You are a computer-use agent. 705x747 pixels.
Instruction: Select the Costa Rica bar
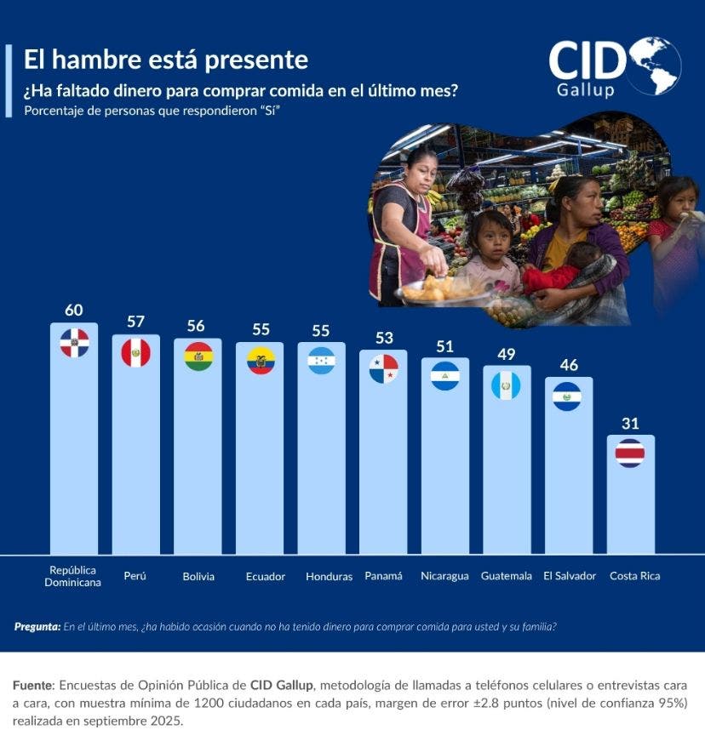[x=630, y=502]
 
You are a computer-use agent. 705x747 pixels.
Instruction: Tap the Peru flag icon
[x=135, y=352]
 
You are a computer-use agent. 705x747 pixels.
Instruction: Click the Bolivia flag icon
[x=198, y=357]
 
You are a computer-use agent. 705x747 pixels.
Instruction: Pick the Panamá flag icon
[x=383, y=368]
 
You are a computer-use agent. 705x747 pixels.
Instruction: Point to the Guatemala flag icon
[x=507, y=385]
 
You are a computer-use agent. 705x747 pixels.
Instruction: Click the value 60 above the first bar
[x=73, y=310]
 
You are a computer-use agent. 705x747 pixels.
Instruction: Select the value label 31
[x=630, y=423]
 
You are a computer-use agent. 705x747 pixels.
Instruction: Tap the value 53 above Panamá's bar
[x=383, y=338]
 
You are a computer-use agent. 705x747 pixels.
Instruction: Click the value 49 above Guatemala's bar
[x=507, y=354]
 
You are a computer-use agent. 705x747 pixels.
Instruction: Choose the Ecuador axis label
[x=266, y=576]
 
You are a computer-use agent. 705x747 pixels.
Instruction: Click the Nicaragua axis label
[x=444, y=576]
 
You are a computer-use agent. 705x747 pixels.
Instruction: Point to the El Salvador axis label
[x=570, y=576]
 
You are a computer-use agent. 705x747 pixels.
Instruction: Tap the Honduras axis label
[x=329, y=576]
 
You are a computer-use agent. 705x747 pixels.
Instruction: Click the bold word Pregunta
[x=37, y=627]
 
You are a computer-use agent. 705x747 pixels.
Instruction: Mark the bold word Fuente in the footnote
[x=33, y=685]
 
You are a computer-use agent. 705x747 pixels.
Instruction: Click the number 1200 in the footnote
[x=211, y=703]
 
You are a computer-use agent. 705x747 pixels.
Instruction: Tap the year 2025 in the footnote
[x=167, y=721]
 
